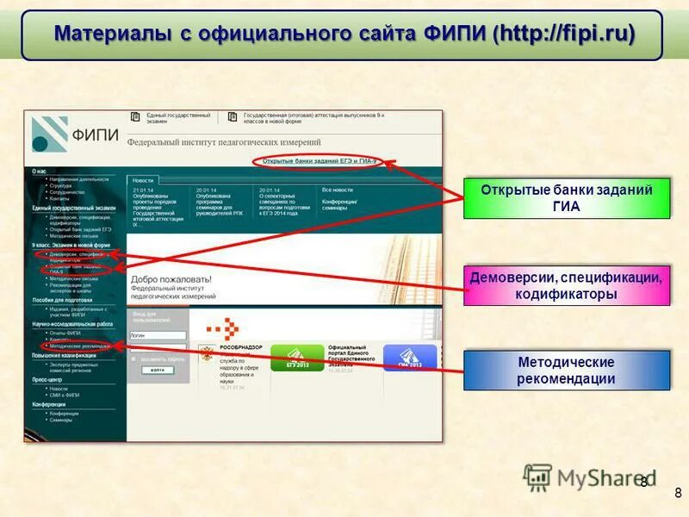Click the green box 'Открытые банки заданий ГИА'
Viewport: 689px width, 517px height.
(x=566, y=198)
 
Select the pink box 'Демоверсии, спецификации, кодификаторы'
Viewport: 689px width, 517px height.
(x=566, y=286)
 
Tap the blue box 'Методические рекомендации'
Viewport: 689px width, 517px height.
(x=566, y=371)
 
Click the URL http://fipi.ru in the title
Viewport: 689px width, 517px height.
(x=565, y=34)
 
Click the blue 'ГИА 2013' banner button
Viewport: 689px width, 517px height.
(x=409, y=357)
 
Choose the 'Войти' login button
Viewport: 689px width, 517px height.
(x=157, y=370)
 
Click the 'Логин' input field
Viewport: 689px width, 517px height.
(x=158, y=335)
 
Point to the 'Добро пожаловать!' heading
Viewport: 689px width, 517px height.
(x=171, y=279)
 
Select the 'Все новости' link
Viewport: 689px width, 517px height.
(x=338, y=190)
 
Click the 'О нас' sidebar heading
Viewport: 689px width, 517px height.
(x=40, y=171)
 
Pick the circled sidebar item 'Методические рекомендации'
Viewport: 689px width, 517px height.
(x=81, y=346)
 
